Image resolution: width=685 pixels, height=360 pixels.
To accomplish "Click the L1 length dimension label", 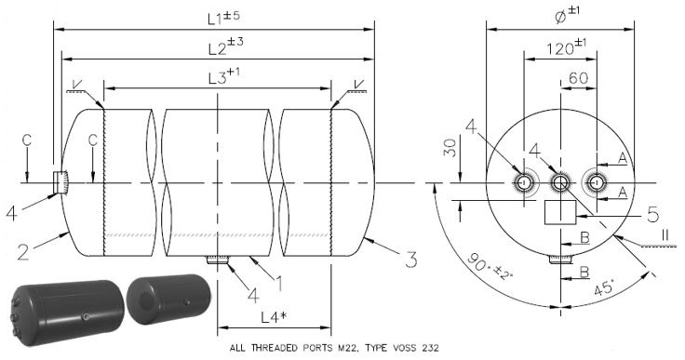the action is click(223, 18).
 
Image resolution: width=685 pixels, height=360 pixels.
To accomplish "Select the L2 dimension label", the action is click(225, 47).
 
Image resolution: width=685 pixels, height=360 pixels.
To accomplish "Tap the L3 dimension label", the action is click(223, 76).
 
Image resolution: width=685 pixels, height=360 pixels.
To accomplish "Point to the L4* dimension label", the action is click(274, 317).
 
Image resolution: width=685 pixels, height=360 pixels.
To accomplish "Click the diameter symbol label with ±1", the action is click(567, 15).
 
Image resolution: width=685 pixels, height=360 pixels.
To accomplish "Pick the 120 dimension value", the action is click(566, 47).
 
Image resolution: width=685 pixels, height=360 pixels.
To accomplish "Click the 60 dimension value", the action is click(578, 78).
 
